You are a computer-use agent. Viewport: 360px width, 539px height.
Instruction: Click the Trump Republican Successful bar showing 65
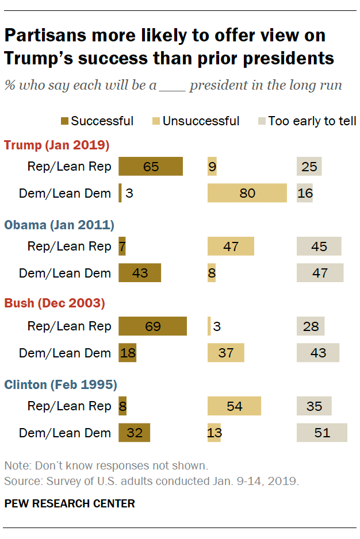point(151,167)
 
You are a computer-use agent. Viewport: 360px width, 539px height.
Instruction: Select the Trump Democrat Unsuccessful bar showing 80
point(247,193)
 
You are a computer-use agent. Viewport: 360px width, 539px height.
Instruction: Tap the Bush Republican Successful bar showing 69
point(152,326)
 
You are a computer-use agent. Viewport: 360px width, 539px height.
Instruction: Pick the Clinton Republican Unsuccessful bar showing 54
point(234,406)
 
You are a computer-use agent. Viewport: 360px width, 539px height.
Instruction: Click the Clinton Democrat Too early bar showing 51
point(322,432)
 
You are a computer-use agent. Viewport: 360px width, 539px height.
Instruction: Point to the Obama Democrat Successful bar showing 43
point(140,273)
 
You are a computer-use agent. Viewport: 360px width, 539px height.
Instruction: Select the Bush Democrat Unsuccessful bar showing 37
point(225,353)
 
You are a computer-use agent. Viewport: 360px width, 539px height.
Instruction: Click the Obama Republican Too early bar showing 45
point(319,247)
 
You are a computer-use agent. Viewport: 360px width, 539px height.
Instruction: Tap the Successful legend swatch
point(65,121)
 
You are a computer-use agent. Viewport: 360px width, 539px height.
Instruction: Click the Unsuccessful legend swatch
point(156,121)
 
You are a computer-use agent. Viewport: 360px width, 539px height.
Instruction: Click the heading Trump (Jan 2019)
point(56,145)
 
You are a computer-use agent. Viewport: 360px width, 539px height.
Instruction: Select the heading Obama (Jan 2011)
point(59,225)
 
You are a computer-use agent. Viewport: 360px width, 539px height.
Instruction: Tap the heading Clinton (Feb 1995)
point(61,384)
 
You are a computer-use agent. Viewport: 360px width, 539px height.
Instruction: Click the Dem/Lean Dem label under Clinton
point(64,433)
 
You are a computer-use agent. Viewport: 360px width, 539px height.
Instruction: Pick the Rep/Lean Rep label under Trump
point(69,167)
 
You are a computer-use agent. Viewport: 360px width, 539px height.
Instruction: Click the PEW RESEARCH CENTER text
point(69,504)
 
